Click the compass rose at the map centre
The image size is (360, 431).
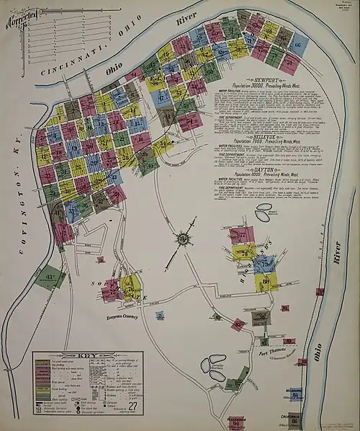tap(183, 238)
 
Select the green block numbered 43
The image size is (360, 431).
tap(49, 278)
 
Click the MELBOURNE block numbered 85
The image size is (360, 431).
tap(295, 394)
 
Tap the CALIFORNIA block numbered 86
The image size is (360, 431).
tap(296, 420)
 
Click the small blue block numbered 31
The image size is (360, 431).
tap(160, 315)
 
